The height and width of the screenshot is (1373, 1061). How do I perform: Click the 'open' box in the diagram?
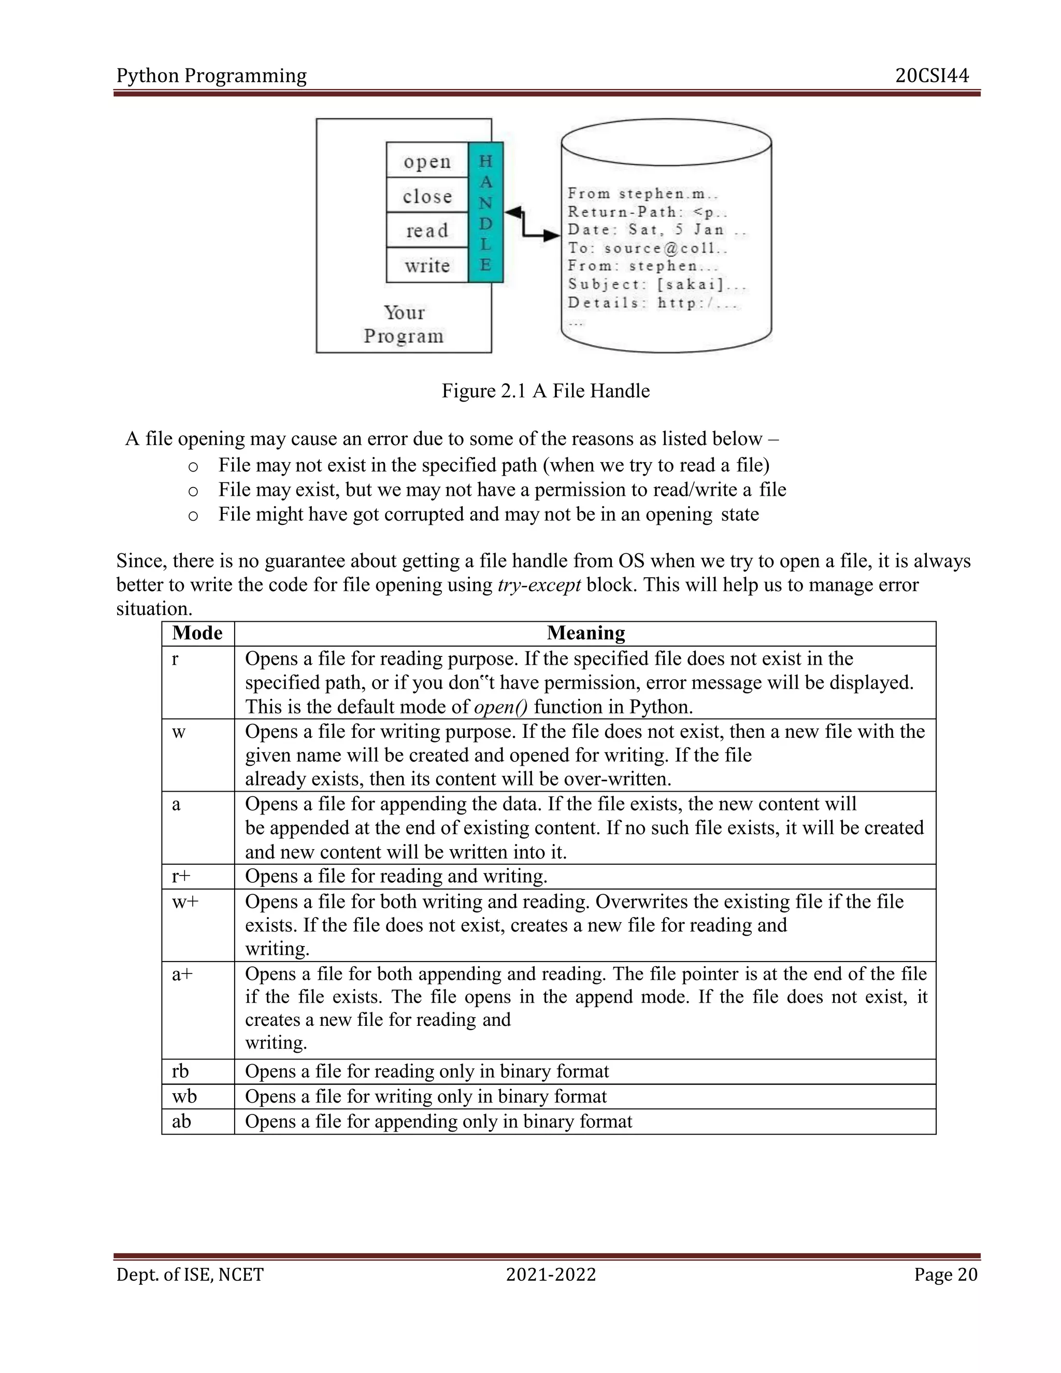427,161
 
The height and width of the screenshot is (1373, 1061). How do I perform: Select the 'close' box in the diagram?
427,196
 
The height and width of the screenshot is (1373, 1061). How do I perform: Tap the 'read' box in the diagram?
427,231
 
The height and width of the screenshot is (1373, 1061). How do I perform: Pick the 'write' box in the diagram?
427,265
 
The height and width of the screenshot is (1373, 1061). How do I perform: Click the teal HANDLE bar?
485,212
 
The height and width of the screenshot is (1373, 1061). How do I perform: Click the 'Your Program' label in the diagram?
404,324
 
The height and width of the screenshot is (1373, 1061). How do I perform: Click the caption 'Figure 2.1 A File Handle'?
545,391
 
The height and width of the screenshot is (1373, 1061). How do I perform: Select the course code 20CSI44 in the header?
931,76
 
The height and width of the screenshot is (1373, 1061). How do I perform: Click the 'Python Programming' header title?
211,76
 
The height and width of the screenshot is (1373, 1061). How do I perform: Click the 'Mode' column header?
197,633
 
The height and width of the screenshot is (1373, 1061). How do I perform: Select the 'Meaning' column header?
585,633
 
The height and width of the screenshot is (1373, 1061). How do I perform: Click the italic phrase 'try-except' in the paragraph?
539,585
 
